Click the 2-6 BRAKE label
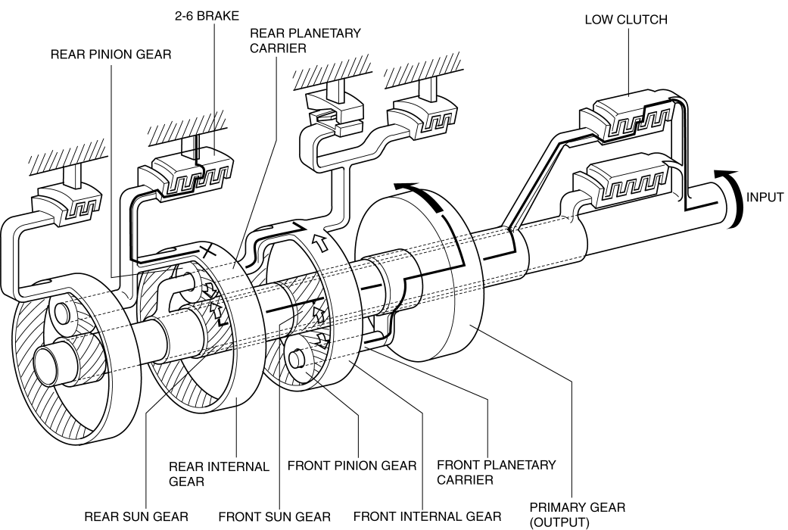(207, 16)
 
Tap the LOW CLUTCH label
(626, 20)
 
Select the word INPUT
(765, 197)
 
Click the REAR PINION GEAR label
(111, 55)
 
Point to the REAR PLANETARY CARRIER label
(305, 41)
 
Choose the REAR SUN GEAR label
(135, 516)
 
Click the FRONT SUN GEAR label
(274, 516)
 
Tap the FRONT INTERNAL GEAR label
(427, 516)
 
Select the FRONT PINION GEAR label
(352, 466)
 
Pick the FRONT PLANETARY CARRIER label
(496, 472)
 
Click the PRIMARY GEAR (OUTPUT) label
(578, 515)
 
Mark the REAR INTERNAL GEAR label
(219, 474)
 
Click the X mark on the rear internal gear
(208, 250)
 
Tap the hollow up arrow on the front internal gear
(318, 242)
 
